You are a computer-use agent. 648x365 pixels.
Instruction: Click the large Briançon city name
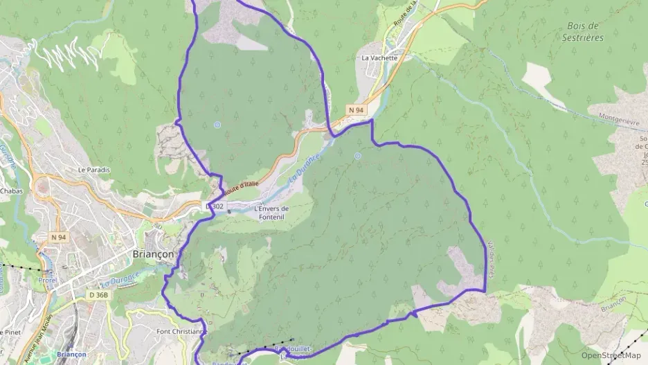153,254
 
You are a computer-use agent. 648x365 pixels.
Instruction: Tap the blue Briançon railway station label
71,354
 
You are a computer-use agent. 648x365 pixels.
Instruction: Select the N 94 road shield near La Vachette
356,110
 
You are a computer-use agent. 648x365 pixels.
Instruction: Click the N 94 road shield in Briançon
58,237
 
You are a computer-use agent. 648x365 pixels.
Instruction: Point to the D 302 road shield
215,206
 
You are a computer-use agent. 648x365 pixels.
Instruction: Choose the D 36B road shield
98,295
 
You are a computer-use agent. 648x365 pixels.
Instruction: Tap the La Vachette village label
379,58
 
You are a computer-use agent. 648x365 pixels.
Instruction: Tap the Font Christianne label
181,331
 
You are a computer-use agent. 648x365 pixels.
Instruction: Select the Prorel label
48,281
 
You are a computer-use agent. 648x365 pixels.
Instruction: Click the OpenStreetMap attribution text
611,356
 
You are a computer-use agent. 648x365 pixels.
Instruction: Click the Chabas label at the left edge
11,190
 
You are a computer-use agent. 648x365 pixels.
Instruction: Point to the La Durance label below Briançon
120,278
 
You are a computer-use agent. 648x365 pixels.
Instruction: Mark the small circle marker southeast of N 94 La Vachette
357,157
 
